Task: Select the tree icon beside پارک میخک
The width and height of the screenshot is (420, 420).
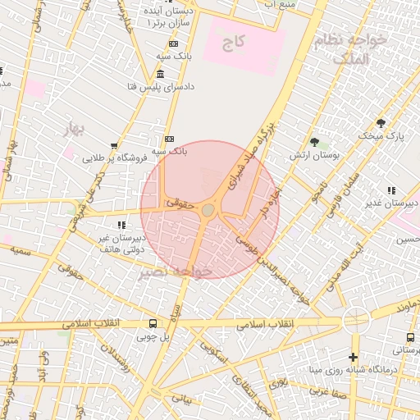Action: pyautogui.click(x=381, y=123)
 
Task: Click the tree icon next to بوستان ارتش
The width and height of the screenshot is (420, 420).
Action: pyautogui.click(x=314, y=142)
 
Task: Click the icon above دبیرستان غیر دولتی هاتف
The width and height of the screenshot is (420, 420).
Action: pyautogui.click(x=121, y=224)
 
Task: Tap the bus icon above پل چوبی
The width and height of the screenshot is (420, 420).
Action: pyautogui.click(x=153, y=323)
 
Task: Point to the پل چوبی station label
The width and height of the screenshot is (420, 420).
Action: pyautogui.click(x=153, y=336)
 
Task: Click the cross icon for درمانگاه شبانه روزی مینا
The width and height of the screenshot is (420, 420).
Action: pyautogui.click(x=353, y=357)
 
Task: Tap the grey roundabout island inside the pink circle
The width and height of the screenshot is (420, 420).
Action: pyautogui.click(x=209, y=211)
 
